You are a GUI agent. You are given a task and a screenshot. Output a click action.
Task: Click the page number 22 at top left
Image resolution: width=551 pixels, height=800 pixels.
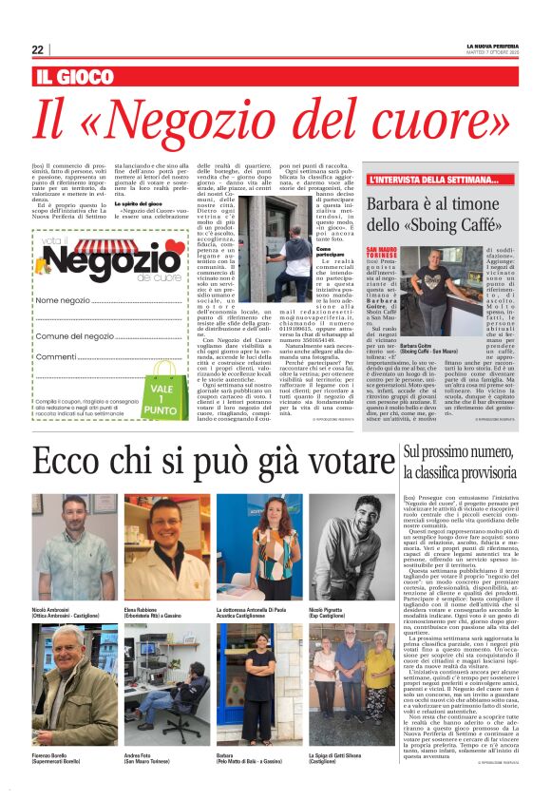click(x=37, y=49)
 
